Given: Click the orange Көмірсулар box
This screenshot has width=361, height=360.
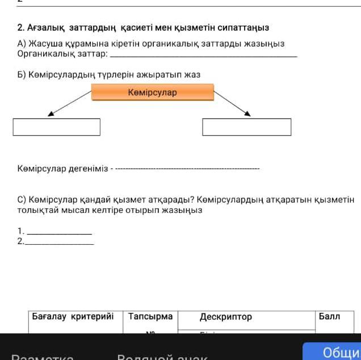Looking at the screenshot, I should click(153, 92).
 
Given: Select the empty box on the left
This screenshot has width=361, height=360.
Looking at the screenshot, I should click(57, 127).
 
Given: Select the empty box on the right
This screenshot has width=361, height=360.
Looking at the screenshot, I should click(246, 127).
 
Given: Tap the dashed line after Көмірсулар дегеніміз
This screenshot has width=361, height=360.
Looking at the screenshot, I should click(187, 169).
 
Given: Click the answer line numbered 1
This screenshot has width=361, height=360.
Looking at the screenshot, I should click(59, 233).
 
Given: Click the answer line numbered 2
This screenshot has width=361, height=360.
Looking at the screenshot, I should click(60, 244).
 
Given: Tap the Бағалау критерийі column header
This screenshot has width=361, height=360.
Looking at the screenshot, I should click(73, 316).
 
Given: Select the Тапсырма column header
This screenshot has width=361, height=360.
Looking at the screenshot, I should click(150, 316).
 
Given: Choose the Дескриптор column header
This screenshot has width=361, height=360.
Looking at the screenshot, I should click(226, 317).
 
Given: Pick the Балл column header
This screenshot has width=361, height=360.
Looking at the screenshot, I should click(329, 316).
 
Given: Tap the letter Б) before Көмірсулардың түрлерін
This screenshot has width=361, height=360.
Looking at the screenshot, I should click(22, 74).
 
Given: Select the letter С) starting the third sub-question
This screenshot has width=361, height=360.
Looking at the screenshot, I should click(22, 200).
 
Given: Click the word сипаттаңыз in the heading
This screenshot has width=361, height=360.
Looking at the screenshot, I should click(244, 27).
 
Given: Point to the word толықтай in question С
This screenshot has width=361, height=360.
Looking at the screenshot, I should click(36, 210).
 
